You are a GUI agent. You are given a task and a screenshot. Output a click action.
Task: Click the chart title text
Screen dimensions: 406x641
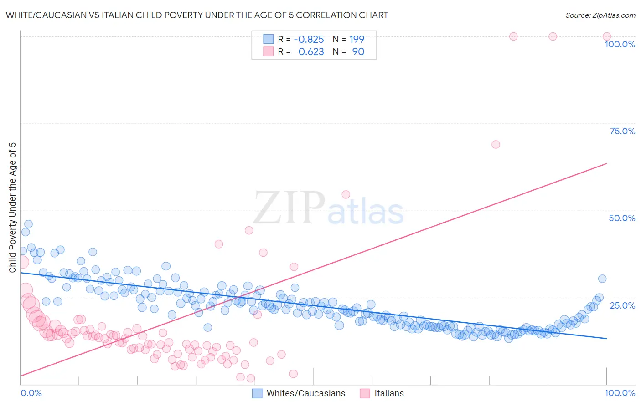pyautogui.click(x=197, y=15)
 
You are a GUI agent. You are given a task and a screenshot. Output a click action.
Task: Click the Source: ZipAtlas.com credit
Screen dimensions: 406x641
pyautogui.click(x=600, y=15)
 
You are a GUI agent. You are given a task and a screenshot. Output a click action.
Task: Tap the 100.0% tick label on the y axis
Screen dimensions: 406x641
pyautogui.click(x=620, y=44)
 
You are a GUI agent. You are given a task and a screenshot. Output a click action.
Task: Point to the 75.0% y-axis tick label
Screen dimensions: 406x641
pyautogui.click(x=622, y=131)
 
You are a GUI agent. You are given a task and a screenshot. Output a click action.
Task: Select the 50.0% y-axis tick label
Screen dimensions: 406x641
pyautogui.click(x=622, y=218)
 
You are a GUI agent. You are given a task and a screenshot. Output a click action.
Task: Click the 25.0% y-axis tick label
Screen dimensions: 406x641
pyautogui.click(x=622, y=305)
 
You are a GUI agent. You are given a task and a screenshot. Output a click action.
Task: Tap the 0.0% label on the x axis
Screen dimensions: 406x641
pyautogui.click(x=31, y=393)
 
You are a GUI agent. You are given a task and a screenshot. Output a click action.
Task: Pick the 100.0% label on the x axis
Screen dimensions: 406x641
pyautogui.click(x=620, y=393)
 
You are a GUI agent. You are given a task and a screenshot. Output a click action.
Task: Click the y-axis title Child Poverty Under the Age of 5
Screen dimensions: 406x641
pyautogui.click(x=12, y=207)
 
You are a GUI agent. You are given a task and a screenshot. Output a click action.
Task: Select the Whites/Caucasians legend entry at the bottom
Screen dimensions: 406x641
pyautogui.click(x=299, y=393)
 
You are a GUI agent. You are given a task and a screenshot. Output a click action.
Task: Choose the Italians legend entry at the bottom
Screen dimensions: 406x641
pyautogui.click(x=382, y=393)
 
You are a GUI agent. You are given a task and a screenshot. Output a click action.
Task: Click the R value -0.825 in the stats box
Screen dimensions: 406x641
pyautogui.click(x=309, y=39)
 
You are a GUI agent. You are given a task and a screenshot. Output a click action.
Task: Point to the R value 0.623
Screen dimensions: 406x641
pyautogui.click(x=311, y=51)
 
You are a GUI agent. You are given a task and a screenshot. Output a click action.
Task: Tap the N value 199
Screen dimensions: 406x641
pyautogui.click(x=357, y=39)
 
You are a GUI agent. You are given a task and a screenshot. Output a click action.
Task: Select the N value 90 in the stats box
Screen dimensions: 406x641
pyautogui.click(x=358, y=51)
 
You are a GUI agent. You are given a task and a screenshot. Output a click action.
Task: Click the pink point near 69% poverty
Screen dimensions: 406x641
pyautogui.click(x=496, y=144)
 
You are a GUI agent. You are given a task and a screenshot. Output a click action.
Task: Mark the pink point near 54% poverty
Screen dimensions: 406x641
pyautogui.click(x=346, y=194)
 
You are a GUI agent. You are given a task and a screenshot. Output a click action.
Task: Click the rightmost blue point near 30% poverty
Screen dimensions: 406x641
pyautogui.click(x=602, y=279)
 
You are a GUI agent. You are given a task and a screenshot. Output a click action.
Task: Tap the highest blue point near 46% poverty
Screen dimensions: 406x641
pyautogui.click(x=28, y=224)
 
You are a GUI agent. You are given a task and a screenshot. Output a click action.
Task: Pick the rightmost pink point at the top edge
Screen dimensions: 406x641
pyautogui.click(x=607, y=36)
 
